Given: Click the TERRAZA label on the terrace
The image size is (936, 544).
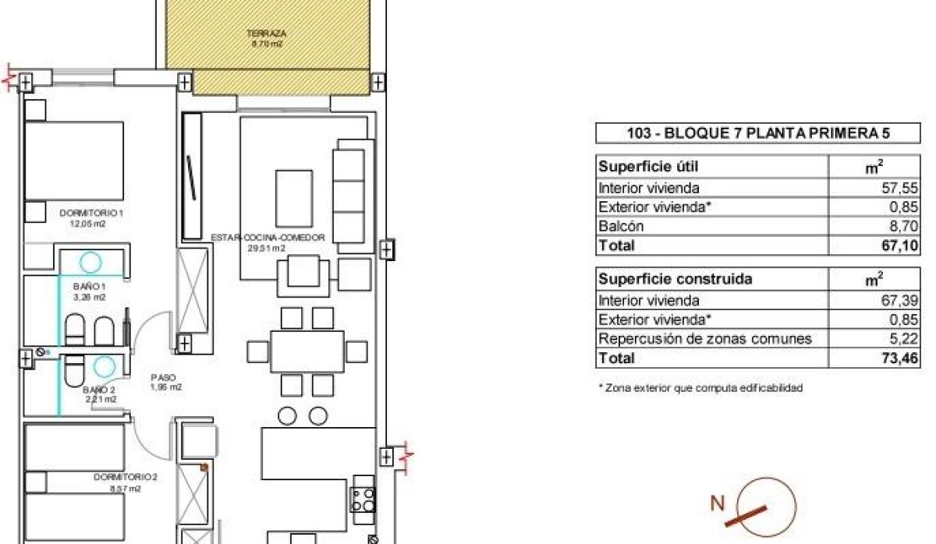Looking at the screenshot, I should (266, 34).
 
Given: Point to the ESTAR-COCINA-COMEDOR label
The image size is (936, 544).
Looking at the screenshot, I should (267, 238).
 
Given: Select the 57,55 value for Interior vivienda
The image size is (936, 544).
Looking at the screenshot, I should (903, 188).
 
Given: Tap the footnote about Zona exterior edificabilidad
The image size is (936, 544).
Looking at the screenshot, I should (700, 387).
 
